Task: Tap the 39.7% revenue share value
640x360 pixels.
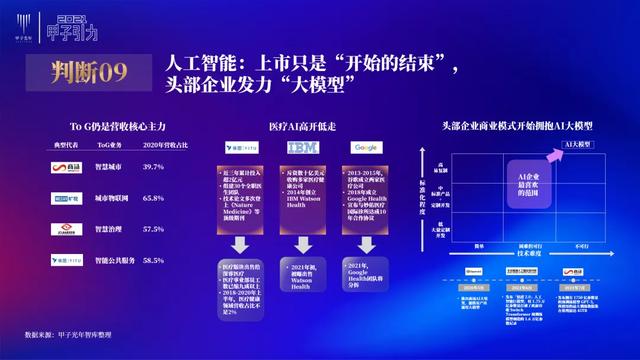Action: tap(153, 165)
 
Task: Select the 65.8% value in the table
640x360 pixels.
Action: tap(153, 198)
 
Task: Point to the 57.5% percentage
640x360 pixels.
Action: tap(153, 229)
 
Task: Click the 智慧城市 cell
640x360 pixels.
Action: tap(107, 165)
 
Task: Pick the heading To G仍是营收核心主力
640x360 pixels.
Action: tap(111, 127)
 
